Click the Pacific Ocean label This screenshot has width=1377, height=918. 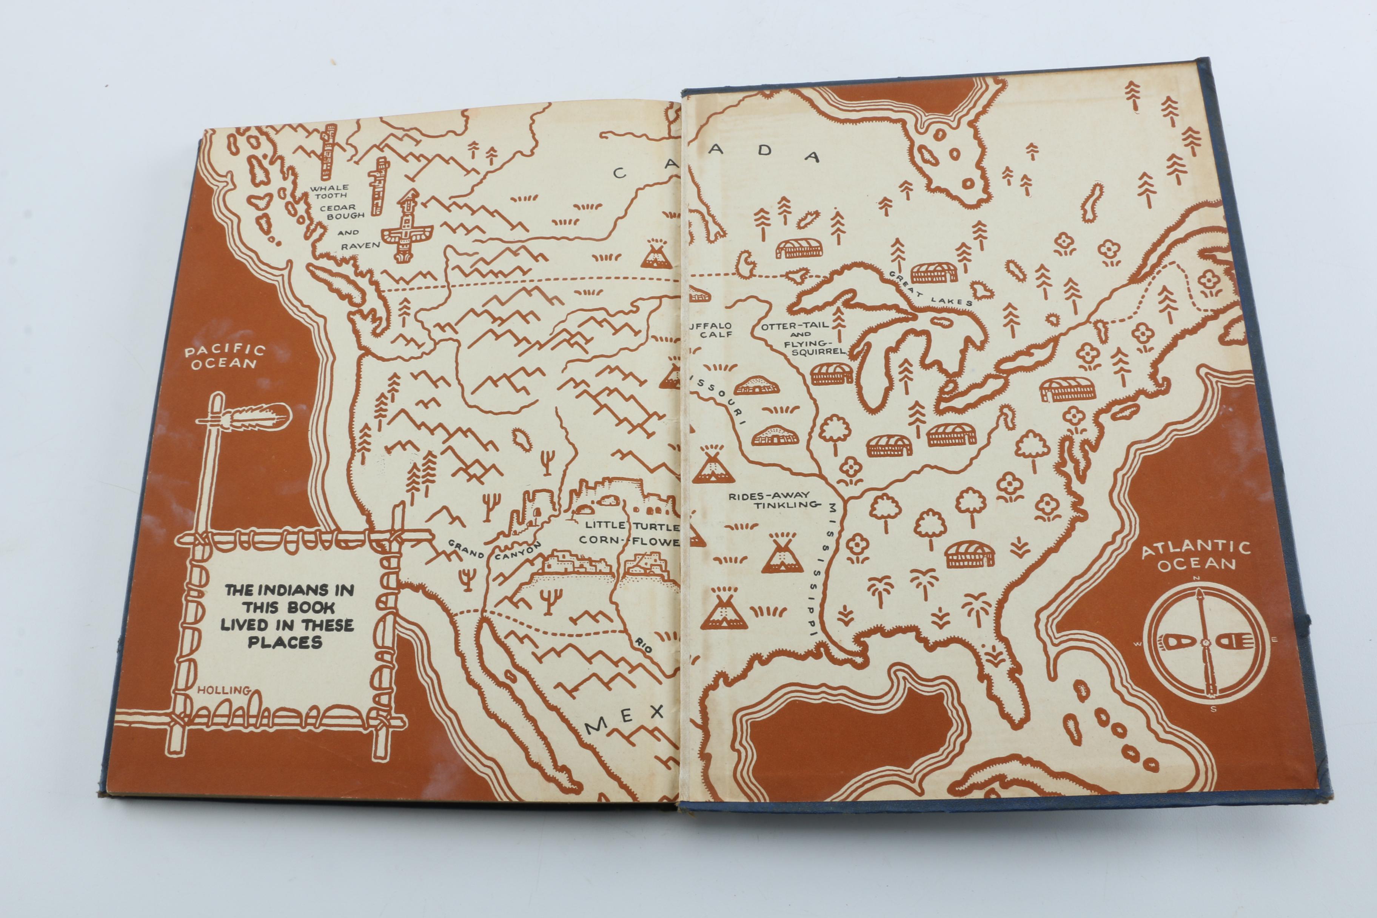[x=225, y=357]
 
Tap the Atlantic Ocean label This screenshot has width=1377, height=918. [x=1196, y=556]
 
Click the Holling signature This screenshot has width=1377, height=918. [x=223, y=690]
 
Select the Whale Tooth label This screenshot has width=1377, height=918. [x=330, y=191]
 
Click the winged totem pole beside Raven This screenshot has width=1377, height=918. [x=406, y=227]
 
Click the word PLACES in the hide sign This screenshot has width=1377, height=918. [x=285, y=642]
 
